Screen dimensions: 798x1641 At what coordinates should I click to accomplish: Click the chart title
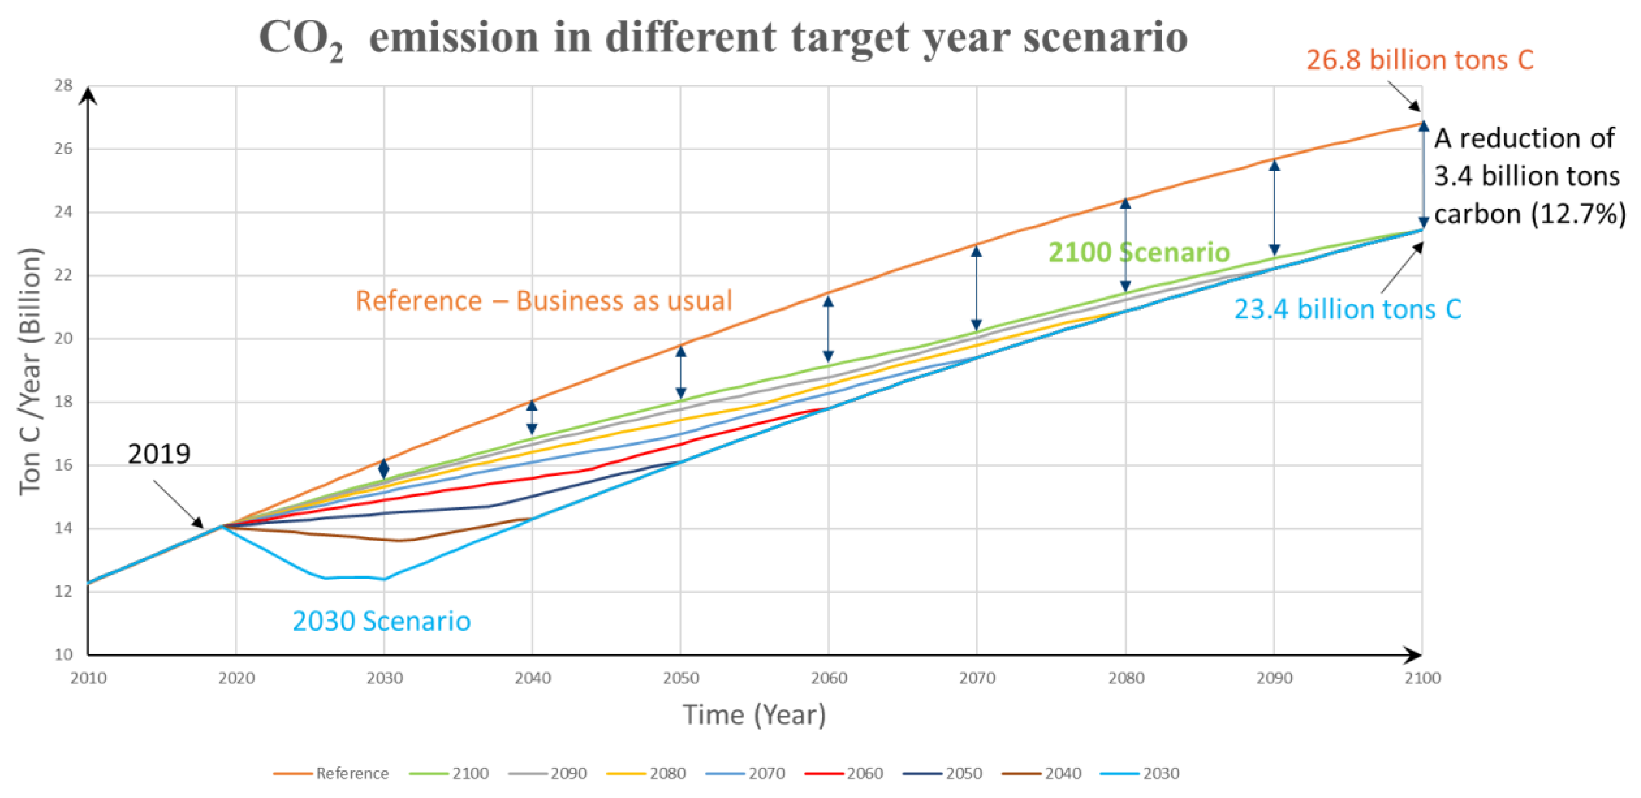point(722,37)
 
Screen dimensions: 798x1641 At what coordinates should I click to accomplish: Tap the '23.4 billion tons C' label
point(1347,310)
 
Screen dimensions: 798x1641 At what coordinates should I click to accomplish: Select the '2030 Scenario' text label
point(381,621)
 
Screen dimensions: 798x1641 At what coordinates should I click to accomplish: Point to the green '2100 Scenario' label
point(1138,252)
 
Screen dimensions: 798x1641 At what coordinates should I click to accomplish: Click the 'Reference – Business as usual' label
point(543,301)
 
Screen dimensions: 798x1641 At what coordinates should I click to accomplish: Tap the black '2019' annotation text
point(159,454)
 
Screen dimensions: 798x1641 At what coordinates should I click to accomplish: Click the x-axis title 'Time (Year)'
point(754,715)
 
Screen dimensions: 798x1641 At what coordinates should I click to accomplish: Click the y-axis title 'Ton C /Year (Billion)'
point(30,371)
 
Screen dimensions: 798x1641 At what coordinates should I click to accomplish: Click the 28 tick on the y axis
point(63,85)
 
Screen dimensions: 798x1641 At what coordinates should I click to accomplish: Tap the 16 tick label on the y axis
point(63,465)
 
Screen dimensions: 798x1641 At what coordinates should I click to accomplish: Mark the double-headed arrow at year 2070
point(976,288)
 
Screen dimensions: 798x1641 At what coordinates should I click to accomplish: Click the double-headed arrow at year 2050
point(680,372)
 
